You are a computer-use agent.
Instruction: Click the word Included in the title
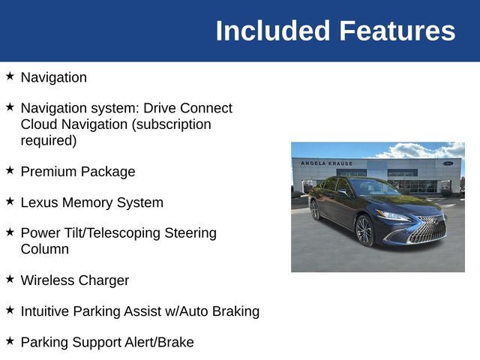click(x=273, y=31)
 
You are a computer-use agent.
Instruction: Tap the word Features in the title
click(x=397, y=31)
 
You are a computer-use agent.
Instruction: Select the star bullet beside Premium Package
click(x=10, y=170)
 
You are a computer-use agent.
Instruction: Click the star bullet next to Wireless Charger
click(x=10, y=278)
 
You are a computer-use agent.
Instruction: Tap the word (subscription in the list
click(x=172, y=125)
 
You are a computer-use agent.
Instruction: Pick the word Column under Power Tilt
click(x=45, y=249)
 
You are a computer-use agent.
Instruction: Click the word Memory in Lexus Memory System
click(x=87, y=203)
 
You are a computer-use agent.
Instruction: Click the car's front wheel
click(x=364, y=230)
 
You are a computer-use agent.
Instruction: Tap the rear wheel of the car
click(x=314, y=210)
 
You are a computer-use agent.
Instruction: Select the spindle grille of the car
click(x=428, y=230)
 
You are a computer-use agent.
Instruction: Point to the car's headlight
click(x=393, y=215)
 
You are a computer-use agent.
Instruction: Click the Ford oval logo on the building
click(x=448, y=163)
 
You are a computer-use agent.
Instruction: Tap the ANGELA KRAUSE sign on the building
click(x=327, y=163)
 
